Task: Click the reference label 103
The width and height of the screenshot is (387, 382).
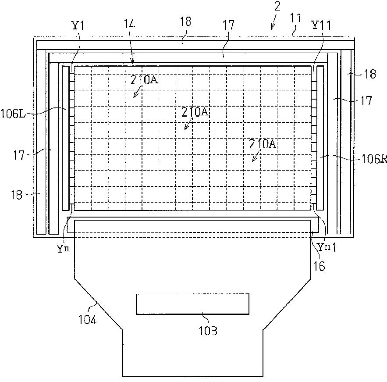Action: [208, 331]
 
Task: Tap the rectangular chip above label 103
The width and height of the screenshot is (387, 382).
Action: [192, 304]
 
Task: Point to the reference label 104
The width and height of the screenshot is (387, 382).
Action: [88, 320]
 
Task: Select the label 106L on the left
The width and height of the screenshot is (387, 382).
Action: [13, 114]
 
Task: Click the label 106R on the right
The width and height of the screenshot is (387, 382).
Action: [374, 159]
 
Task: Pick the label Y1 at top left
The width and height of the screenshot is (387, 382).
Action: [78, 25]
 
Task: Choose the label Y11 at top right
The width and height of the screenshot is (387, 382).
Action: [321, 25]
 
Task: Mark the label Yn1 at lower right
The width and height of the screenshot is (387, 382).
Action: [327, 247]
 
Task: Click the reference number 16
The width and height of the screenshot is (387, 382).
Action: [319, 266]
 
